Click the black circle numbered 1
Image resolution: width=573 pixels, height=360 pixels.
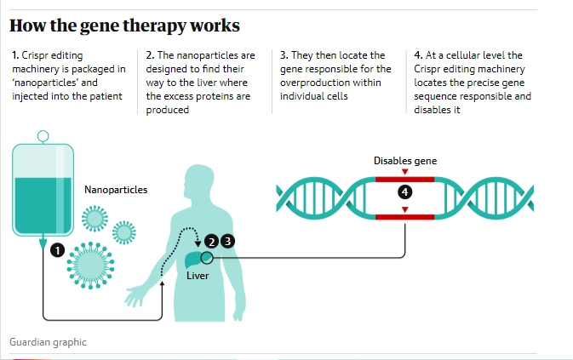click(x=57, y=250)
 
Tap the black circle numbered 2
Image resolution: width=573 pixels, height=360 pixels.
click(x=212, y=242)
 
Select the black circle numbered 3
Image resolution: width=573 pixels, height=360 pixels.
click(x=227, y=241)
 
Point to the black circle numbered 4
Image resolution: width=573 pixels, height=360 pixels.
click(x=405, y=192)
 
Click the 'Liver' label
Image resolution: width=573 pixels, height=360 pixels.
click(x=198, y=276)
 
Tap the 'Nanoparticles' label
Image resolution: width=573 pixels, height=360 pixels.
click(x=116, y=190)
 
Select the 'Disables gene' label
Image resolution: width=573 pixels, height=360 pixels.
click(x=405, y=161)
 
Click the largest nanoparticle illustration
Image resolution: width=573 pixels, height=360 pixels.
click(x=90, y=266)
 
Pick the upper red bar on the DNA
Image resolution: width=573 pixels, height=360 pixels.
click(x=405, y=180)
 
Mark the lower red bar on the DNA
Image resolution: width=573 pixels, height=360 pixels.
click(x=405, y=217)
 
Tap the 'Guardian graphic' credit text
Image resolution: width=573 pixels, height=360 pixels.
click(x=48, y=342)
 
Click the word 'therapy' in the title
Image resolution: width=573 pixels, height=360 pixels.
click(x=154, y=26)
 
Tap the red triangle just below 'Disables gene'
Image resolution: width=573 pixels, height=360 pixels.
click(x=405, y=172)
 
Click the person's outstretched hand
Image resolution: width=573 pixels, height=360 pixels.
click(x=135, y=295)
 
